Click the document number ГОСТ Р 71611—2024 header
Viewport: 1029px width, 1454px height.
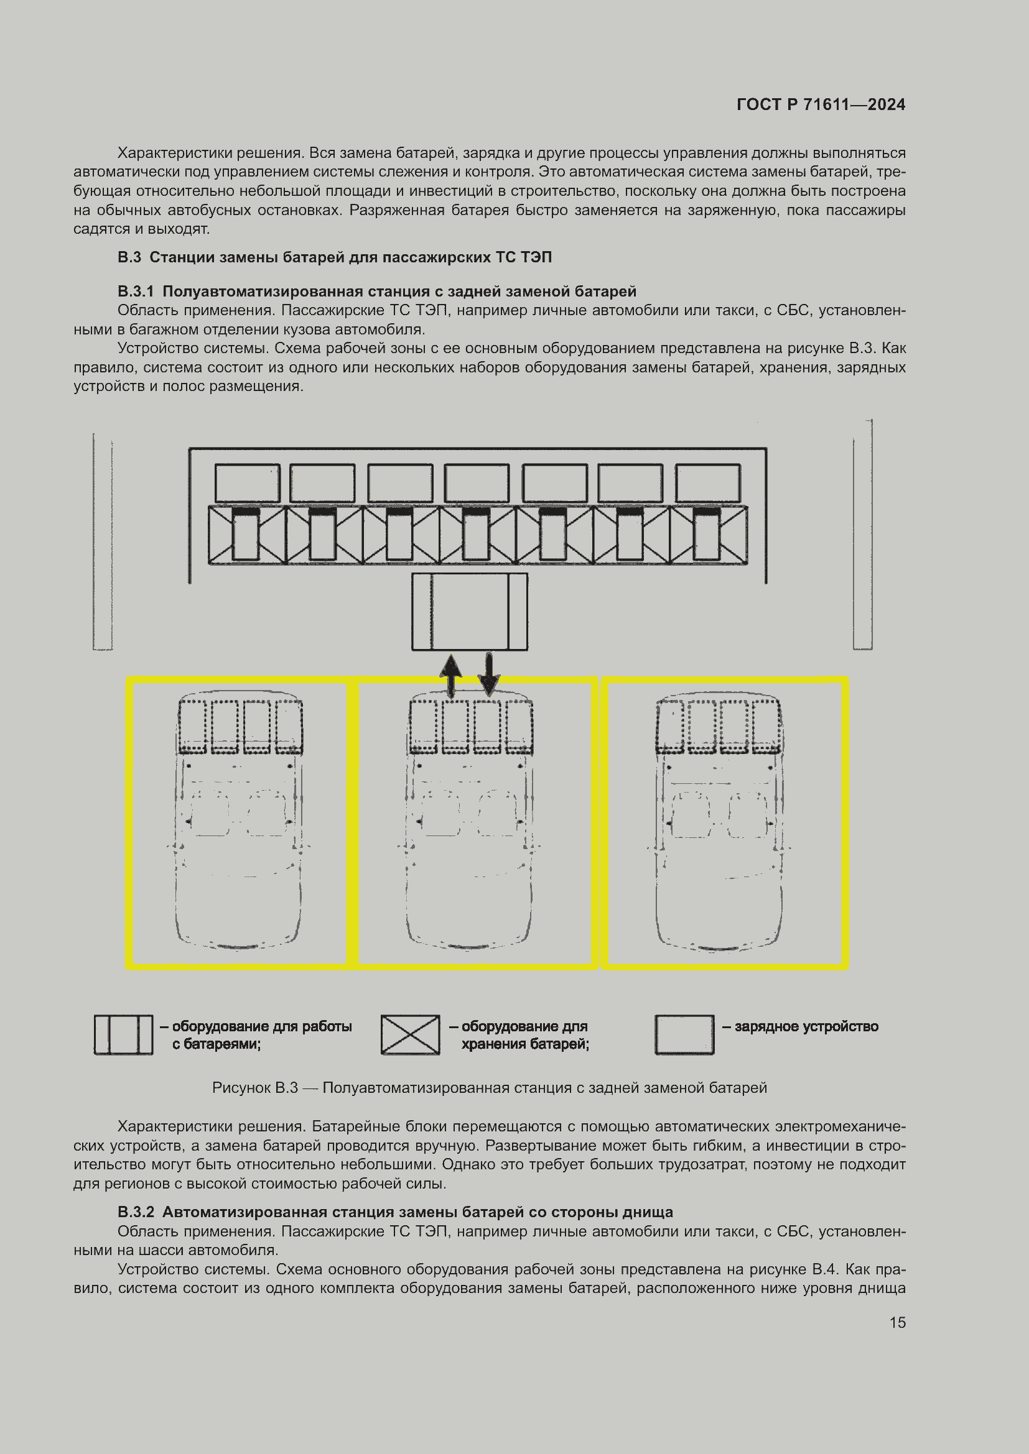(821, 104)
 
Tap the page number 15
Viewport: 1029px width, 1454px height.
(897, 1322)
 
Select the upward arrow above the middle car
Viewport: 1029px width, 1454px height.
(450, 675)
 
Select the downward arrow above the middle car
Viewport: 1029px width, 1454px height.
(488, 675)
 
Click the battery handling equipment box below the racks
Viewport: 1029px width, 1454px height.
(470, 612)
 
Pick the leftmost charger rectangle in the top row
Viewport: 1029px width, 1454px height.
(247, 483)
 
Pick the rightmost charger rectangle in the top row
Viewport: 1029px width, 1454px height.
(708, 483)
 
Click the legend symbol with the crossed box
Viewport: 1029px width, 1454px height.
(410, 1036)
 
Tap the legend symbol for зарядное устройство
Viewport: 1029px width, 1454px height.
(684, 1036)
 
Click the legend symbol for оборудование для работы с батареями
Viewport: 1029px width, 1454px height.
(124, 1036)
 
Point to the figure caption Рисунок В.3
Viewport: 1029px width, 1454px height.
(489, 1088)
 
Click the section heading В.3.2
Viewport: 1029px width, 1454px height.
(396, 1212)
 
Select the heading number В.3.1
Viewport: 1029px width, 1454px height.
(136, 292)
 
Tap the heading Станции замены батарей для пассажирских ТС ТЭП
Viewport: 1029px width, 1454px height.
(350, 257)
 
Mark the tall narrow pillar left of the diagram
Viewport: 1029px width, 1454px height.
(103, 542)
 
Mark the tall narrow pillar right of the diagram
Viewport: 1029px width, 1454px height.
(862, 536)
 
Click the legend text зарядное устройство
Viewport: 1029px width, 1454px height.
(806, 1026)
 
